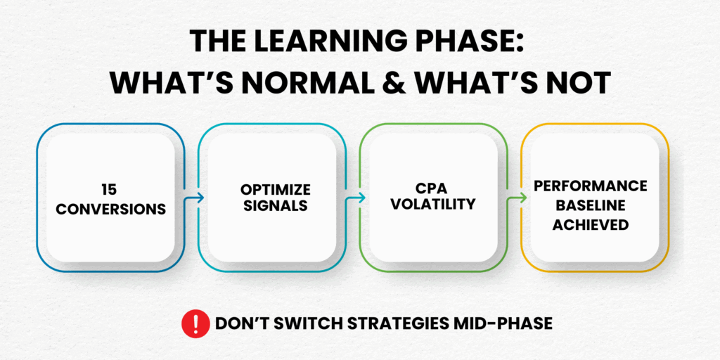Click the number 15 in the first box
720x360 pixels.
click(x=110, y=188)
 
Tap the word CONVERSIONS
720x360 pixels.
click(x=110, y=209)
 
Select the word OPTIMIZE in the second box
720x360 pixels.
click(x=275, y=188)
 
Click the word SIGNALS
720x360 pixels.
click(x=275, y=206)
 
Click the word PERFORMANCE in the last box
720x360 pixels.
click(x=590, y=186)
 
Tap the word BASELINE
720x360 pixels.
click(x=590, y=205)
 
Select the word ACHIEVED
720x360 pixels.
click(x=590, y=224)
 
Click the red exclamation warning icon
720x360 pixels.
click(x=196, y=323)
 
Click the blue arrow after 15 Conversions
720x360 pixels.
click(x=194, y=198)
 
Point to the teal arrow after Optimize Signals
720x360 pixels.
click(x=356, y=198)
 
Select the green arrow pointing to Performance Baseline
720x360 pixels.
click(x=517, y=198)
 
